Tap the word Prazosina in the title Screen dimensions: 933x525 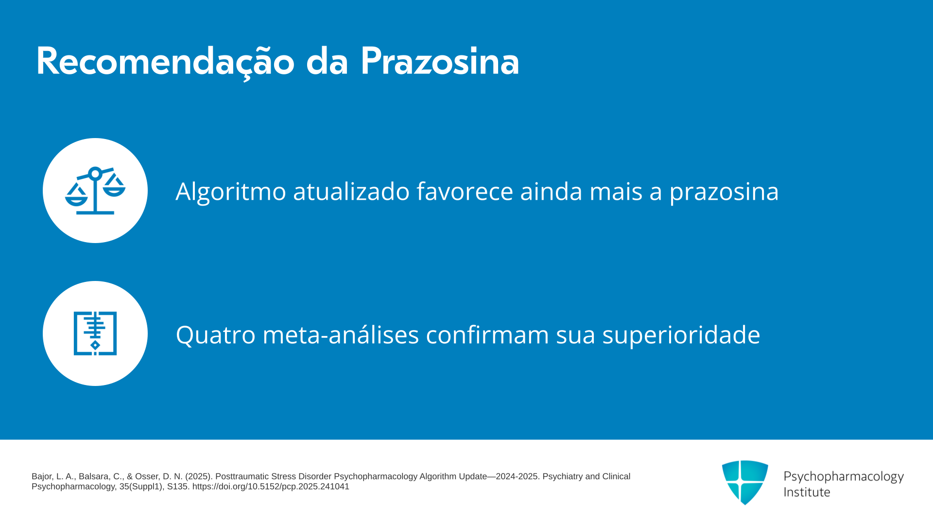pos(440,61)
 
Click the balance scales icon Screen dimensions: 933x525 pos(95,191)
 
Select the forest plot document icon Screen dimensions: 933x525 pos(95,333)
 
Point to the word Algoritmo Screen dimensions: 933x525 pos(231,192)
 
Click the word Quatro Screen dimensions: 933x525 pos(216,335)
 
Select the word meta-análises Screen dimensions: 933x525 pos(341,334)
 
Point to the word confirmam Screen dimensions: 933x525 pos(487,334)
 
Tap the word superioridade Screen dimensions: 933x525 pos(681,335)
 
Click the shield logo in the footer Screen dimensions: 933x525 pos(745,482)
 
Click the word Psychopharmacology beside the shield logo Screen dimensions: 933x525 pos(844,477)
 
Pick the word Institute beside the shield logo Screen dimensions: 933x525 pos(807,492)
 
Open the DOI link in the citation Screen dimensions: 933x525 pos(271,487)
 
